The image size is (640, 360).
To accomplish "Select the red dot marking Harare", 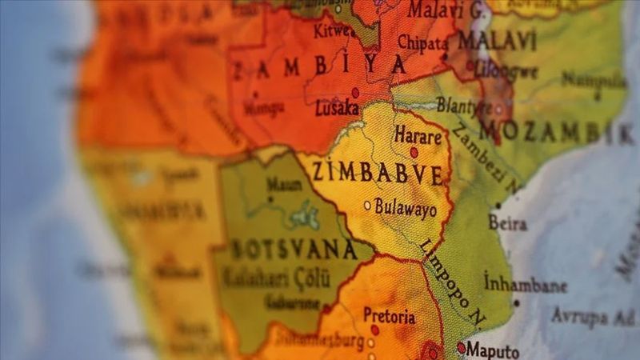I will (414, 152).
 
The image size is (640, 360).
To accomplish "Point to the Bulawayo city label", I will (406, 210).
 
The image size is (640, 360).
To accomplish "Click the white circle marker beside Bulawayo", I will (367, 206).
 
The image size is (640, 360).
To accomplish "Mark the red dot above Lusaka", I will (355, 93).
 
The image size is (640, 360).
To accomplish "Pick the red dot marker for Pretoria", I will (374, 330).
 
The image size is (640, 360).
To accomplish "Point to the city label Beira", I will (508, 223).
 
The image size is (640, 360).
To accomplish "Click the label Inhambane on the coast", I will (525, 284).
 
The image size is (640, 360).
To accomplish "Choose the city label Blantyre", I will (464, 105).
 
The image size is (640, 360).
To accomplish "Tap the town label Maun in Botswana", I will (284, 184).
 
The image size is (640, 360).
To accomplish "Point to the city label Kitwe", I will (330, 32).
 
